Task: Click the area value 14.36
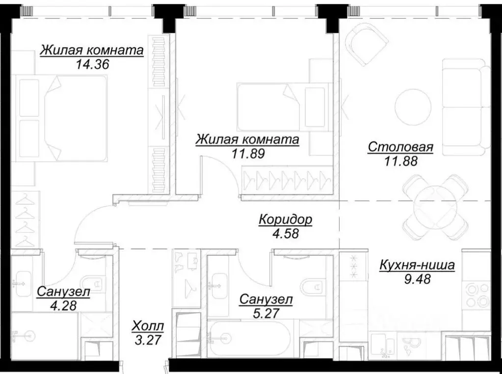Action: pyautogui.click(x=92, y=64)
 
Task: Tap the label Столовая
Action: pyautogui.click(x=400, y=147)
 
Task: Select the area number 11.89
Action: pyautogui.click(x=247, y=153)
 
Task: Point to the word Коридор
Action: pyautogui.click(x=285, y=219)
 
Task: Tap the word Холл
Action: pyautogui.click(x=148, y=325)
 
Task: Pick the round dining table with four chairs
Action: pyautogui.click(x=435, y=206)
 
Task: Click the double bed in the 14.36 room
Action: pyautogui.click(x=62, y=118)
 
